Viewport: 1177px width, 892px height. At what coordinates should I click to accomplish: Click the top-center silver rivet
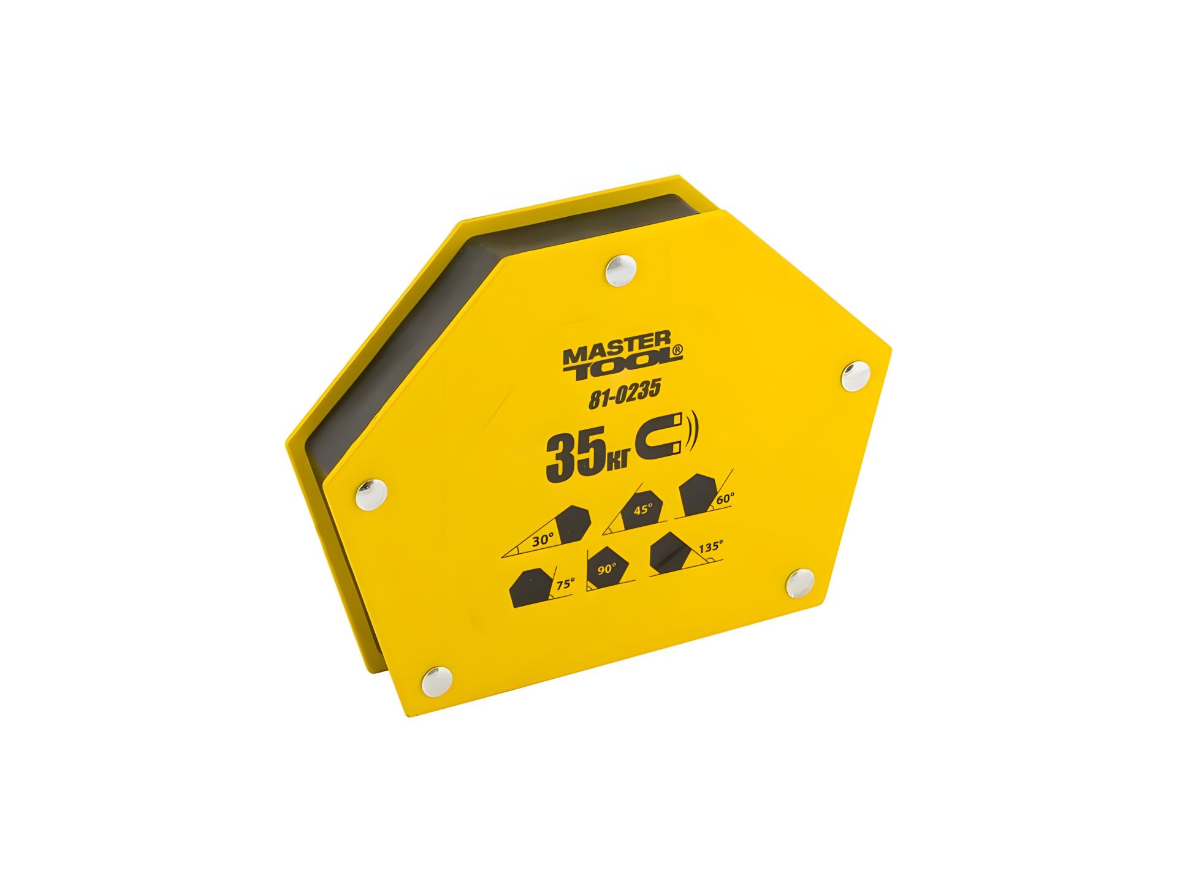tap(620, 270)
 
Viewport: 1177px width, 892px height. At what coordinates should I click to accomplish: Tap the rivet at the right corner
tap(855, 376)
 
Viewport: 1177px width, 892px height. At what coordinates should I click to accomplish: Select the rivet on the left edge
tap(371, 494)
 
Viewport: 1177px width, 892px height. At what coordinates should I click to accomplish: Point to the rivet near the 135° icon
tap(801, 583)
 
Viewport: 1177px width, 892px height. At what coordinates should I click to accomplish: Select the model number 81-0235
tap(624, 396)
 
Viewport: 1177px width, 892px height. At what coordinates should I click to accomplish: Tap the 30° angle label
tap(543, 540)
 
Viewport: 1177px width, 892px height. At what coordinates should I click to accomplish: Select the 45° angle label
tap(642, 509)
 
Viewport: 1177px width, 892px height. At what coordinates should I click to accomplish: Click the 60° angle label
tap(725, 499)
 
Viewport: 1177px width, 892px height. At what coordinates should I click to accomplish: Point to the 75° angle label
tap(565, 584)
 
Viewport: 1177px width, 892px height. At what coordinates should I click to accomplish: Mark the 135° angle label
tap(710, 547)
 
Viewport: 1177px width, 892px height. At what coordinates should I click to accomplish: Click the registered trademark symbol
tap(676, 350)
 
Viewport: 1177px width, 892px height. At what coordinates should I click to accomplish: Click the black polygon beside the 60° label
tap(697, 493)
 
